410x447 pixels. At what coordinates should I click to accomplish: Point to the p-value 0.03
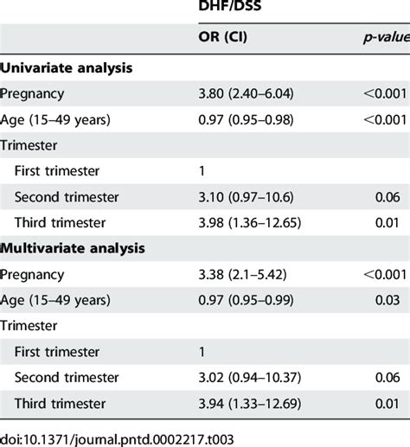pyautogui.click(x=389, y=301)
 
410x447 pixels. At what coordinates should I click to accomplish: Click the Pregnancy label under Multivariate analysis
pyautogui.click(x=33, y=275)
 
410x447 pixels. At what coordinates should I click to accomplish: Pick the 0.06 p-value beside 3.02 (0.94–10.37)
pyautogui.click(x=389, y=377)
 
